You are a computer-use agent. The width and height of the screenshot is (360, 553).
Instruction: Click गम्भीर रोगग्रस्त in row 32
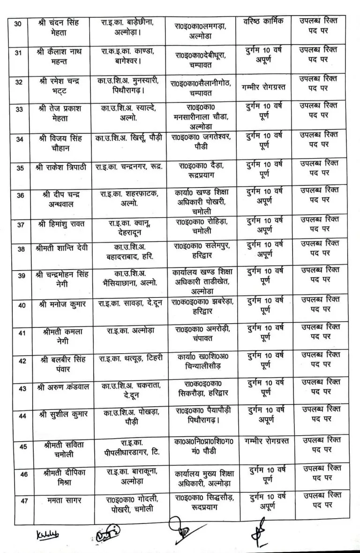pyautogui.click(x=265, y=86)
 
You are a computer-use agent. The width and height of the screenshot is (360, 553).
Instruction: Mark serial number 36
pyautogui.click(x=20, y=196)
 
